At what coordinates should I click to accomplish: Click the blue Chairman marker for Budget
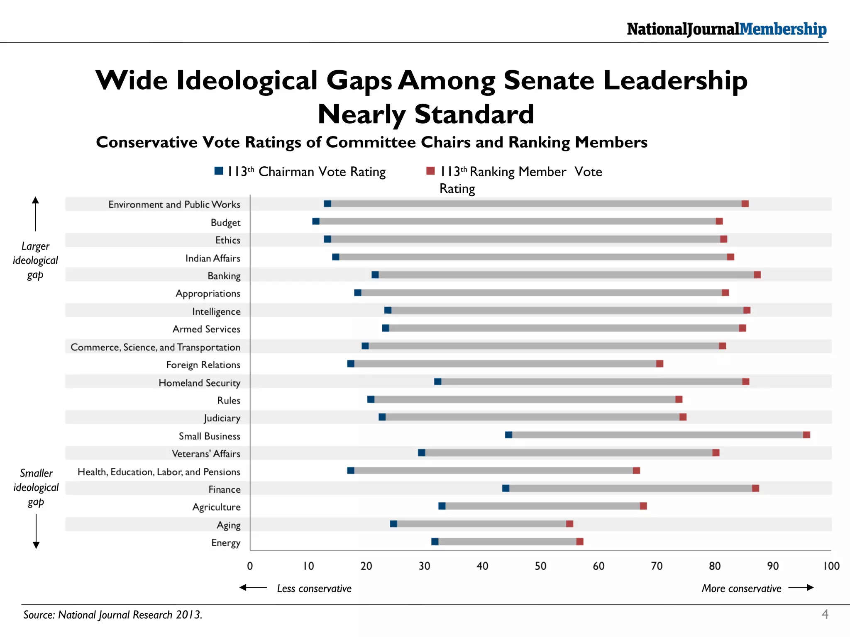coord(316,221)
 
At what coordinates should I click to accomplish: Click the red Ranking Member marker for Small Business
coord(806,435)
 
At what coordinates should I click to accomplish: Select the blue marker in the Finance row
coord(506,489)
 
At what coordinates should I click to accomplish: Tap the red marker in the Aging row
coord(569,524)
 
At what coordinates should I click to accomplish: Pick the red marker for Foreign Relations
coord(659,364)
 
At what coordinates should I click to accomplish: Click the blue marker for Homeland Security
coord(437,382)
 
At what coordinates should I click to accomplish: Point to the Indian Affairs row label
coord(212,258)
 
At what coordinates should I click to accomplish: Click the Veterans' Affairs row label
coord(206,454)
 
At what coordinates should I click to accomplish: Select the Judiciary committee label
coord(222,418)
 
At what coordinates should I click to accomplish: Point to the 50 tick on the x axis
coord(540,566)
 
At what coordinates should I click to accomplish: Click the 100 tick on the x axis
coord(831,566)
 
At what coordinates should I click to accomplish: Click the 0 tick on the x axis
coord(250,566)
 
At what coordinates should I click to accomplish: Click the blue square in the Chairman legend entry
coord(219,171)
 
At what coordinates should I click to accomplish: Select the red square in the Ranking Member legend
coord(430,171)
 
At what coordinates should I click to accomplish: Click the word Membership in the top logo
coord(783,29)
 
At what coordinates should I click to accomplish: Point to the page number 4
coord(825,614)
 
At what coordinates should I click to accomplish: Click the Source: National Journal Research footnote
coord(113,615)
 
